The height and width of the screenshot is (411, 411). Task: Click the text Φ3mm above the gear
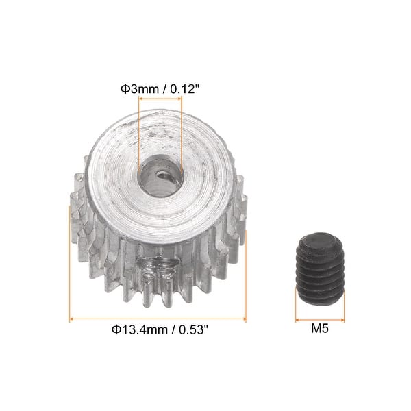click(138, 88)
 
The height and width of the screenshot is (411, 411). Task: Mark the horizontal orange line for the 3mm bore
click(160, 99)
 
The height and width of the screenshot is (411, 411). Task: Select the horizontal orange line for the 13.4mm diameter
click(158, 319)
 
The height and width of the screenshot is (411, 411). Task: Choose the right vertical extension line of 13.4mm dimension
click(246, 274)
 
